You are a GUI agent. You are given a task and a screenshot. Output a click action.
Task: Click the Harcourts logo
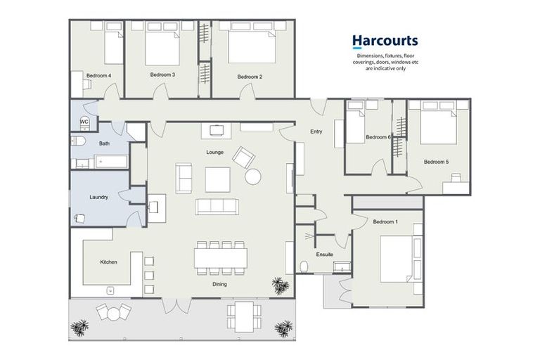[385, 41]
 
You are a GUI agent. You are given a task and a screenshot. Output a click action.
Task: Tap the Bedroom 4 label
[98, 75]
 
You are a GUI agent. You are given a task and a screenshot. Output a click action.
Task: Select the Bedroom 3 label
[162, 75]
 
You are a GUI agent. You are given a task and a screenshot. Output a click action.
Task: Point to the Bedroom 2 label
[250, 77]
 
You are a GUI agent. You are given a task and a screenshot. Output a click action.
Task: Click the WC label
[84, 122]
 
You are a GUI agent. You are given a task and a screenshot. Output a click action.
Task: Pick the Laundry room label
[99, 197]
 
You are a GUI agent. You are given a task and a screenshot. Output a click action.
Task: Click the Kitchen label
[108, 262]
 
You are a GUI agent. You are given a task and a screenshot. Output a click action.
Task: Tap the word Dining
[219, 284]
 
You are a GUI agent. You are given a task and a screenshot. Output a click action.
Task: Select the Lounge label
[215, 152]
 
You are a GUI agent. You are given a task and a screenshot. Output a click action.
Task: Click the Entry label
[316, 131]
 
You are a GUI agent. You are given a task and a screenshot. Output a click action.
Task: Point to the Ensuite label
[324, 255]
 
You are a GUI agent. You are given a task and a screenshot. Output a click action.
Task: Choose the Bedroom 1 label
[385, 221]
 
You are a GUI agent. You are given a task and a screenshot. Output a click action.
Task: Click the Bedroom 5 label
[436, 162]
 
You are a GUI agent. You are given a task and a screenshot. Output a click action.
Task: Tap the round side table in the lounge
[253, 176]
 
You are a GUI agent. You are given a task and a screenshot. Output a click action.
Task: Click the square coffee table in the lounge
[218, 179]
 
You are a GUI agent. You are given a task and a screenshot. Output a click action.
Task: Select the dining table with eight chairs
[220, 258]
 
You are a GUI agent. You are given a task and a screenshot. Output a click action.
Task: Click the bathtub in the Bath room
[111, 162]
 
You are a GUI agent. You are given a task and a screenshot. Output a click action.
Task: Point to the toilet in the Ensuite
[304, 266]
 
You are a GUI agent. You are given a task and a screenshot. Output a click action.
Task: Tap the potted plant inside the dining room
[281, 285]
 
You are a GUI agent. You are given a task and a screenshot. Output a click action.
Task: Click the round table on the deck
[113, 314]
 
